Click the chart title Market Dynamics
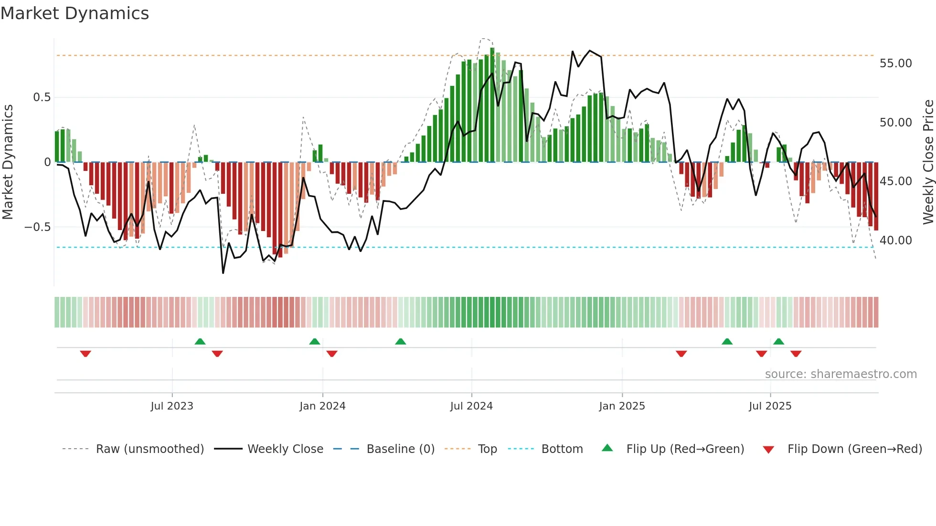point(75,13)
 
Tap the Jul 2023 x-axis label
point(172,406)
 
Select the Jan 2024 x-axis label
point(322,406)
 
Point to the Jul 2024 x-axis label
point(471,406)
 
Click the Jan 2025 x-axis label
point(622,406)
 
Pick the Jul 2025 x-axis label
point(770,406)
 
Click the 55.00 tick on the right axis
point(895,63)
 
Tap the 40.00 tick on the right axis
point(895,241)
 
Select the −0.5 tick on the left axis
point(37,227)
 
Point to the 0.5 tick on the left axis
point(42,97)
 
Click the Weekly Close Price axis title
point(928,162)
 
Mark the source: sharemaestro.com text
point(840,374)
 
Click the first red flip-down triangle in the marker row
point(85,354)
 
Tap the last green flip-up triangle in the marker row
point(778,341)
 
